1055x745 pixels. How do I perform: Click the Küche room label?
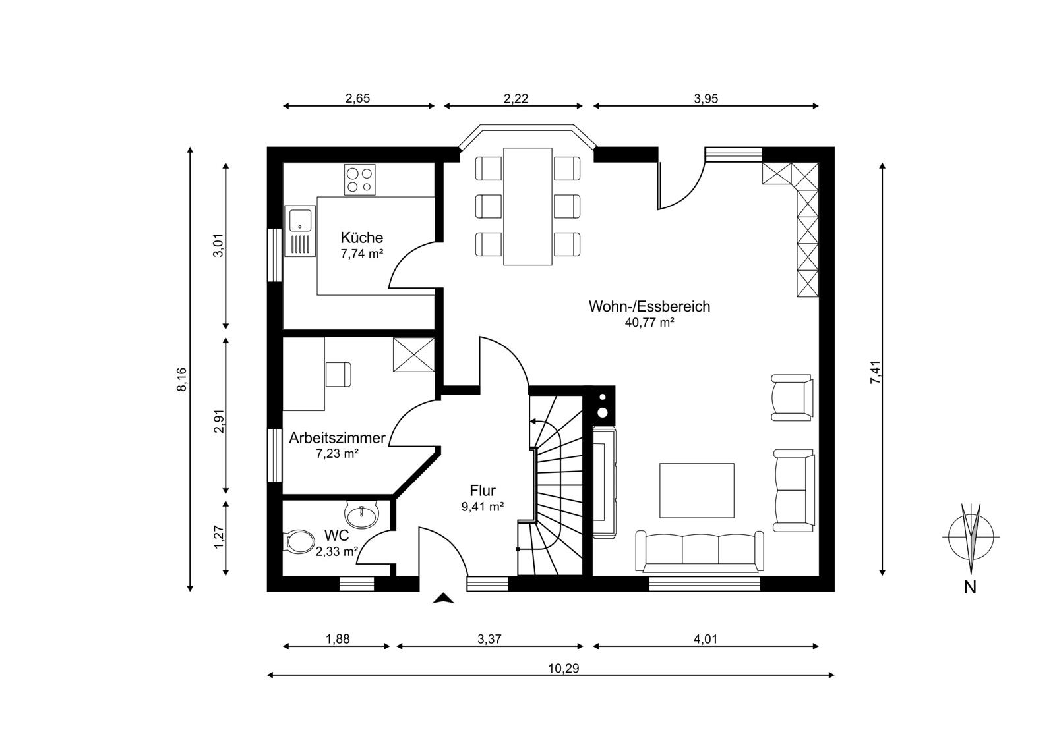362,237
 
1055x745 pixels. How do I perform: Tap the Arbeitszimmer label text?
337,438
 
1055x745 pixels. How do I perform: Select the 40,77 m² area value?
649,323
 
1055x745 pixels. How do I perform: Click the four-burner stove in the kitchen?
360,179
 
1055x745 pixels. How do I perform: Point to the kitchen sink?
300,231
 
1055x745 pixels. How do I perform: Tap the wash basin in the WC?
362,513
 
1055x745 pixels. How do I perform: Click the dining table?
527,206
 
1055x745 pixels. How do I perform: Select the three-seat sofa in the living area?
700,551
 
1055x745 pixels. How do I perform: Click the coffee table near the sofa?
696,490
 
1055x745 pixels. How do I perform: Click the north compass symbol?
971,537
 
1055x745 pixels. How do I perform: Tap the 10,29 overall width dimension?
563,668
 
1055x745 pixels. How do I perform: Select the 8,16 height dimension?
182,379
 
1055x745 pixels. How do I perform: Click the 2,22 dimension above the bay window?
516,98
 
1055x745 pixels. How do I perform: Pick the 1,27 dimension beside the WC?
218,536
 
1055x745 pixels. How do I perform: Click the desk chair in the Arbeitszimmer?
338,374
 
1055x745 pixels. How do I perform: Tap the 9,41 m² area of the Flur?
482,507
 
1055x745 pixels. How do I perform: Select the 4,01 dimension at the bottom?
705,639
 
